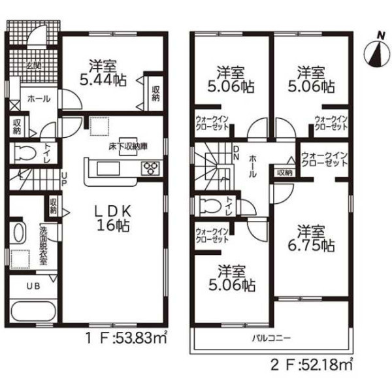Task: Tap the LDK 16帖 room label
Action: [113, 219]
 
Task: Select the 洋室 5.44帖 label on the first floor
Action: [103, 73]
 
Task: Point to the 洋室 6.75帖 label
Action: [311, 238]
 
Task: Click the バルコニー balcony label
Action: [272, 338]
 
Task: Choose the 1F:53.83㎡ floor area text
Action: [126, 338]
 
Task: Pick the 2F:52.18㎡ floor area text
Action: [312, 365]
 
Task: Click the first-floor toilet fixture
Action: [25, 152]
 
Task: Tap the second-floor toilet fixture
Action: [210, 206]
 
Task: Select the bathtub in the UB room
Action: [33, 311]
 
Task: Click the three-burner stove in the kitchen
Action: [150, 168]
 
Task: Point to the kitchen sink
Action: [108, 169]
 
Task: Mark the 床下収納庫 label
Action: [128, 146]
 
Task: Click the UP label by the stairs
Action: [64, 179]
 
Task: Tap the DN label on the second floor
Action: [237, 153]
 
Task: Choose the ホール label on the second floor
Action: [252, 166]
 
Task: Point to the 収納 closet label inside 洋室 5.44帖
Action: [155, 93]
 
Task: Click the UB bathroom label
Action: [33, 286]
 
